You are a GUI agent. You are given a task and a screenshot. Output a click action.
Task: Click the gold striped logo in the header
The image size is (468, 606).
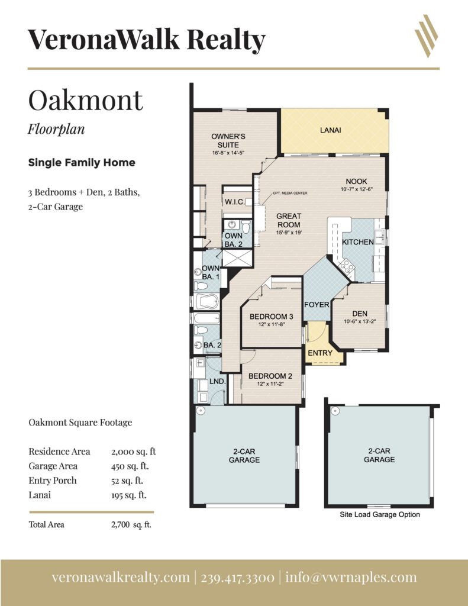point(426,36)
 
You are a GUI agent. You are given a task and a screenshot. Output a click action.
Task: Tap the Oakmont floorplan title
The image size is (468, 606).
point(85,100)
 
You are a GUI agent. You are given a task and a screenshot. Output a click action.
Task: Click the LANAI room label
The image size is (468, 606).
point(330,130)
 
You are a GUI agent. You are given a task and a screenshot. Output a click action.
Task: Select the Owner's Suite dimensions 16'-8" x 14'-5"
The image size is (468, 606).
point(228,153)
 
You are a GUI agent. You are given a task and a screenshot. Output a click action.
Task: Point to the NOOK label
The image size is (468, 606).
point(356,181)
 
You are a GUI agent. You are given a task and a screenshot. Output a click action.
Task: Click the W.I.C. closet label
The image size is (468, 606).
point(234,202)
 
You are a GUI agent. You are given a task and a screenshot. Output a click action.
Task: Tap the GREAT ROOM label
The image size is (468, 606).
point(289,220)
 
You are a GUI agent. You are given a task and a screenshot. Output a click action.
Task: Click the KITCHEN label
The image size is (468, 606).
point(358,242)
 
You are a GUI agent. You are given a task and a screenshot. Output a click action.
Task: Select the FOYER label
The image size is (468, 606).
point(317,305)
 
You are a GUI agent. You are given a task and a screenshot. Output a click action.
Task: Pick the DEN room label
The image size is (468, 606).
point(360,314)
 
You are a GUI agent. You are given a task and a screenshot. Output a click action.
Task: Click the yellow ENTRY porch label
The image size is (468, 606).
point(320,353)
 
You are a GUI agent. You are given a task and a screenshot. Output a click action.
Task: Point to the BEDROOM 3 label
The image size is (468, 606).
point(272,317)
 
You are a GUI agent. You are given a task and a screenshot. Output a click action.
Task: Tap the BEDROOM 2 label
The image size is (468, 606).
point(270,376)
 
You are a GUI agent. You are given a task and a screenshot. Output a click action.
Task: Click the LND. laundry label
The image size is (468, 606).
point(218,381)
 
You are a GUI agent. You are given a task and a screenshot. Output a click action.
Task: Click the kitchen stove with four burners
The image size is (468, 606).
point(346,266)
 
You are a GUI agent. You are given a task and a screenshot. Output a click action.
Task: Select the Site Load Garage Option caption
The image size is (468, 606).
point(380,514)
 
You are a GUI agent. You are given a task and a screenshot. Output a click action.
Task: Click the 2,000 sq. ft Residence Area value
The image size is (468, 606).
point(133,452)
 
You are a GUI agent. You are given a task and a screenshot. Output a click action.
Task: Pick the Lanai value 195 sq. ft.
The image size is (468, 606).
point(129,495)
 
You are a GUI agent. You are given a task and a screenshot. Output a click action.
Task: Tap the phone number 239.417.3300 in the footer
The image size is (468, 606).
point(238,578)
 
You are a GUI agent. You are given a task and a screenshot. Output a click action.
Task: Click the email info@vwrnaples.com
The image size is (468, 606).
point(351,578)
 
